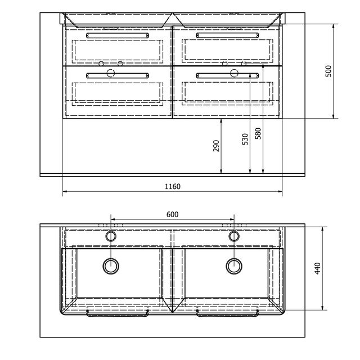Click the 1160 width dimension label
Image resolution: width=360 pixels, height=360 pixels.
pos(173,186)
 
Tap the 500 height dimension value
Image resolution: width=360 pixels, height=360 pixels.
pos(328,71)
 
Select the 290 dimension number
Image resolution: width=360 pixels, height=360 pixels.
pos(216,146)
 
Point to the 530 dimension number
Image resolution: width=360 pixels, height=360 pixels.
pos(245,139)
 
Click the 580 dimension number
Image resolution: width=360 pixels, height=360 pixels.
pos(258,133)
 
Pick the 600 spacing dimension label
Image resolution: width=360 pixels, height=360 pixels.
pos(173,214)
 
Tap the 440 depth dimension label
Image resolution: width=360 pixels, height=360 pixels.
pos(317,268)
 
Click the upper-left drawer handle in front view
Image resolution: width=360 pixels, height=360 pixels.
pos(118,35)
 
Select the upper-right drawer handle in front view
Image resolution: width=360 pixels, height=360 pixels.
pos(227,35)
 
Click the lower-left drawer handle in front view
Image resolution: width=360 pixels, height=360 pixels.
pos(118,75)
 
